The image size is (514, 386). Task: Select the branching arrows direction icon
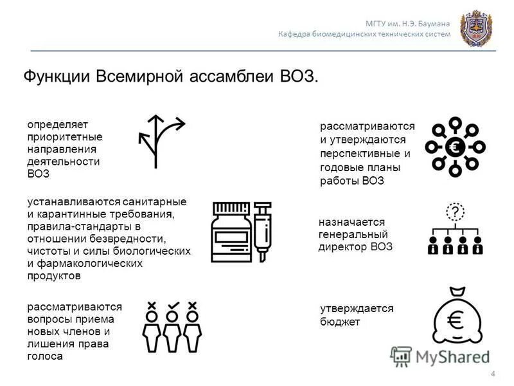click(160, 141)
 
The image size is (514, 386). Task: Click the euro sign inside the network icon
click(456, 147)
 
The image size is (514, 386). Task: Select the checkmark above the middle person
click(172, 305)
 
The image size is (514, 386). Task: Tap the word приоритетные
click(64, 137)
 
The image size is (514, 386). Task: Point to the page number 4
click(493, 374)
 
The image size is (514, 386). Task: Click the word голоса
click(45, 356)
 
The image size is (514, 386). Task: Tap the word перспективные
click(365, 154)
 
